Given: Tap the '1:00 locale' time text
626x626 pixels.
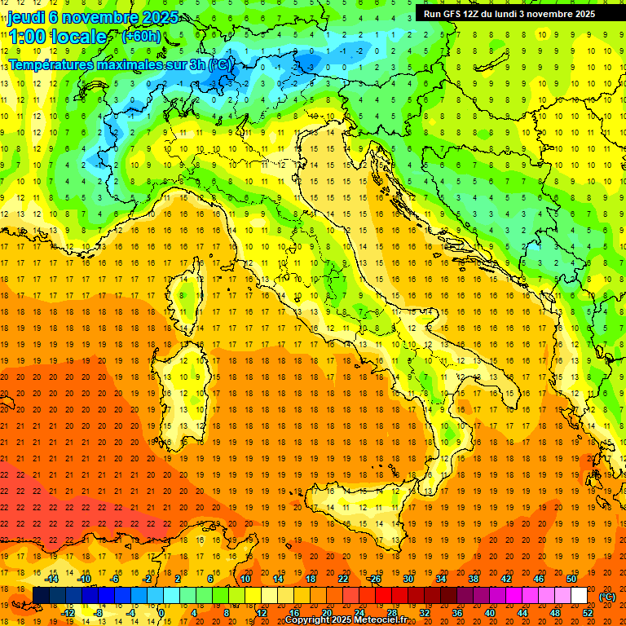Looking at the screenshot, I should pyautogui.click(x=57, y=37).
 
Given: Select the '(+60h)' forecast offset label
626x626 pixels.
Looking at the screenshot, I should pyautogui.click(x=141, y=37).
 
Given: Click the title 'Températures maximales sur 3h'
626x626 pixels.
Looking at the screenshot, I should pyautogui.click(x=106, y=64).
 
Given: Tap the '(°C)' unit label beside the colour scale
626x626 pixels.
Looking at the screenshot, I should pyautogui.click(x=606, y=597).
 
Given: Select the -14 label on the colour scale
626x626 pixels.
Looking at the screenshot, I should pyautogui.click(x=53, y=579).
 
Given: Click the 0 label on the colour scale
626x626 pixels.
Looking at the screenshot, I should pyautogui.click(x=161, y=613).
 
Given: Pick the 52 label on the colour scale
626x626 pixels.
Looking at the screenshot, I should pyautogui.click(x=588, y=613).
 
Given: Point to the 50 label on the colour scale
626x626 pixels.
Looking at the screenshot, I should pyautogui.click(x=571, y=579).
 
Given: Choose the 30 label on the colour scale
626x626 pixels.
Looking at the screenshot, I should pyautogui.click(x=408, y=579).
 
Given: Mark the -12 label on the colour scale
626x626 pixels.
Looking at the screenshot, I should pyautogui.click(x=69, y=613).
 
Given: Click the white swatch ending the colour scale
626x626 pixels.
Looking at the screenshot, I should pyautogui.click(x=579, y=596).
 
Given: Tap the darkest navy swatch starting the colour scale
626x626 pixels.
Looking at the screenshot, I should pyautogui.click(x=41, y=596).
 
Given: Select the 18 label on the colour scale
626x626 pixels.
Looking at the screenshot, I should pyautogui.click(x=310, y=579).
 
